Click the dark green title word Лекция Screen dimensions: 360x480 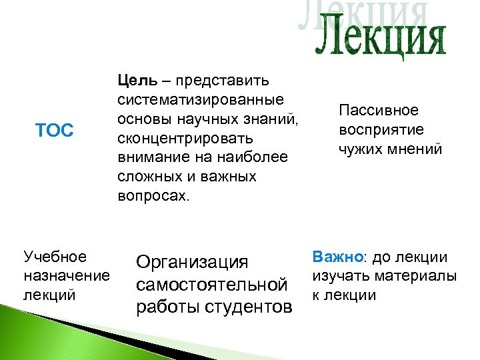[x=379, y=40]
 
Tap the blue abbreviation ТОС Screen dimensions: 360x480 [x=54, y=131]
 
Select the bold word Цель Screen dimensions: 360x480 [x=137, y=81]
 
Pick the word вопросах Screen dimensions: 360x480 [x=153, y=197]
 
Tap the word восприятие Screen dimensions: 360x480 [x=381, y=129]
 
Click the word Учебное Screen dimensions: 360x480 [x=55, y=257]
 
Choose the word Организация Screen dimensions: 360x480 [x=192, y=263]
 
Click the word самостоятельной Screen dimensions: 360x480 [x=212, y=285]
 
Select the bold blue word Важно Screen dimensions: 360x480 [x=333, y=257]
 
